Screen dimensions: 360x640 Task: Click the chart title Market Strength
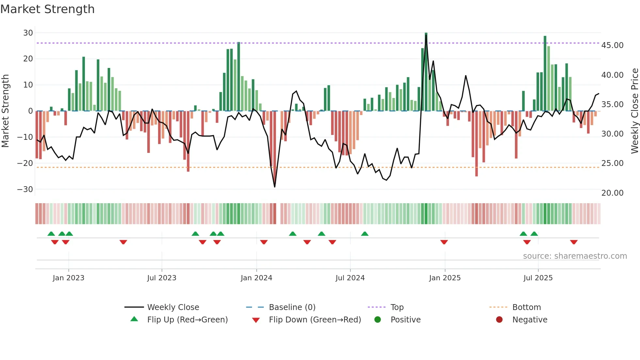[47, 9]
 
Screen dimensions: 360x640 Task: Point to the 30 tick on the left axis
[28, 33]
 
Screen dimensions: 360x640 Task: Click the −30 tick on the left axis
[25, 189]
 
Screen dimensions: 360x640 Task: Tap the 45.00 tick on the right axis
[612, 45]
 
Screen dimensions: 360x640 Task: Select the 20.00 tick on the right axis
[612, 193]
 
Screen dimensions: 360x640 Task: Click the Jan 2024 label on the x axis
[256, 278]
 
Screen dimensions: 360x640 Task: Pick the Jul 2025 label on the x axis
[538, 278]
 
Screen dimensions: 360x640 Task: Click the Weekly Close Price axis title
[634, 111]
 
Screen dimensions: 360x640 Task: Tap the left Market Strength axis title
[5, 111]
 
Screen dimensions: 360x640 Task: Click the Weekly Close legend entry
[173, 307]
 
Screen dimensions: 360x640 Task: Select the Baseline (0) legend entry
[292, 307]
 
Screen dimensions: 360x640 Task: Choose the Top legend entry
[397, 307]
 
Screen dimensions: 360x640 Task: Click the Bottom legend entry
[526, 307]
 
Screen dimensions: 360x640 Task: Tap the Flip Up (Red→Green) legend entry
[187, 319]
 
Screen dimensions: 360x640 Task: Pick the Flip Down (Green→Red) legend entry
[315, 319]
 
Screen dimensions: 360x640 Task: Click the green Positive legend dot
[378, 319]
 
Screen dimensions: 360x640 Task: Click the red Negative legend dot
[499, 319]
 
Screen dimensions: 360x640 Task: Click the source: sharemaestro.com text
[575, 256]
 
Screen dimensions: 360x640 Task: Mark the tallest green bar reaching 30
[426, 72]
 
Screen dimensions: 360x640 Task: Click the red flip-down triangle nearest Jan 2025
[444, 242]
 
